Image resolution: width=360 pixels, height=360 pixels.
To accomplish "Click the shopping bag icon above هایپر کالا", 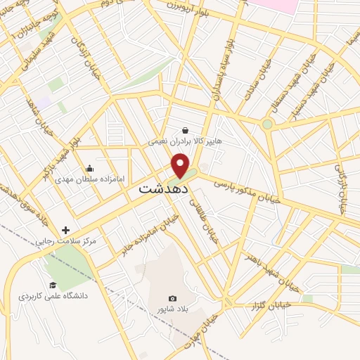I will point(185,130).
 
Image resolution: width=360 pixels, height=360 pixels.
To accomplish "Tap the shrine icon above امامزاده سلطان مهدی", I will point(89,168).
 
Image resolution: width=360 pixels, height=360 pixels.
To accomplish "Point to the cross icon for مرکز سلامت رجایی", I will point(66,230).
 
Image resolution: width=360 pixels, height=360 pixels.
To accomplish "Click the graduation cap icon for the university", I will point(53,285).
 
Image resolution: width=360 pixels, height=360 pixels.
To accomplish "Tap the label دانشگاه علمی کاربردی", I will point(53,296).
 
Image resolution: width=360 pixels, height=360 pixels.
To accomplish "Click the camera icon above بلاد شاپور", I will point(173,298).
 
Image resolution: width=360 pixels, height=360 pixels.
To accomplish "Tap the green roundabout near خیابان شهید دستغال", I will point(267,125).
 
